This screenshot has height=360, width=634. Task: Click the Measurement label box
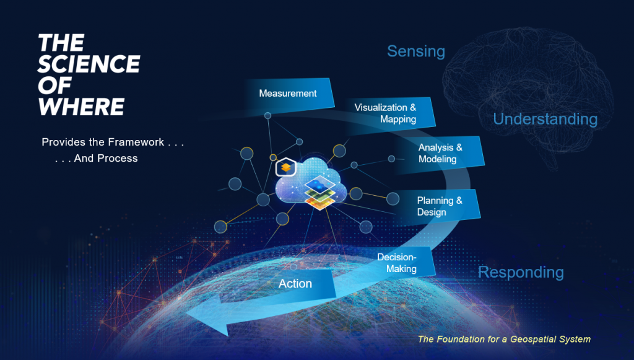pos(289,94)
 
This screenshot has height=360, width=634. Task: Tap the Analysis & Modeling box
pos(440,154)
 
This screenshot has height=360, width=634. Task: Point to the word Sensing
pos(416,51)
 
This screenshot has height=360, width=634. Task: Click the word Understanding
pos(545,119)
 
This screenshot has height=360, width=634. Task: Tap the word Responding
pos(521,272)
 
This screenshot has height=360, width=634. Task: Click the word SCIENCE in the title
pos(89,64)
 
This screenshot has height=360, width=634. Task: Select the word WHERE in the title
pos(81,107)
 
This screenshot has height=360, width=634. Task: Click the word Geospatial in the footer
pos(529,340)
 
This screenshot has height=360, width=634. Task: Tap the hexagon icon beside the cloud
pos(286,167)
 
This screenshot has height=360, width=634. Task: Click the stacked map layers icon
pos(320,193)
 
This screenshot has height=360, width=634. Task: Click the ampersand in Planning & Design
pos(459,201)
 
